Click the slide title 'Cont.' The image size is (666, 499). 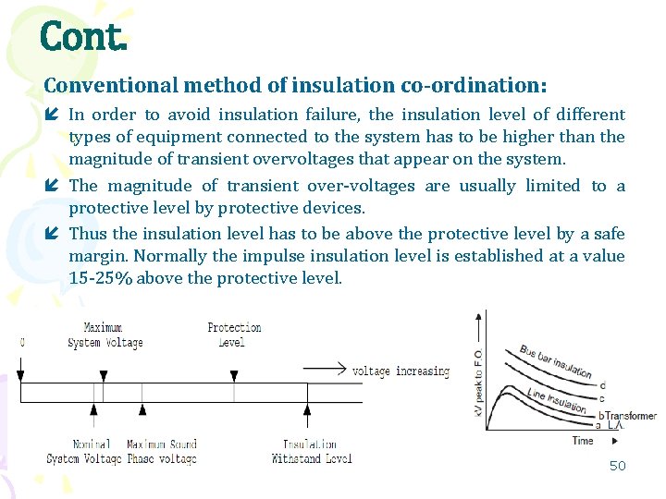click(x=82, y=36)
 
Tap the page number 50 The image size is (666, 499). click(x=617, y=466)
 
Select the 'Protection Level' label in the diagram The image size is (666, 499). click(x=234, y=335)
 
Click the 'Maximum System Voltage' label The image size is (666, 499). click(x=105, y=335)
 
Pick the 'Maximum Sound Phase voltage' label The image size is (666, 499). click(x=162, y=452)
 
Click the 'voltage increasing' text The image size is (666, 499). click(x=401, y=371)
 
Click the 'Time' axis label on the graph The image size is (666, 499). click(x=583, y=441)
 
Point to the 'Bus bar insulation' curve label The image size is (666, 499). click(x=555, y=361)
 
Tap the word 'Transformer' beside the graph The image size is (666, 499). click(x=632, y=416)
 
